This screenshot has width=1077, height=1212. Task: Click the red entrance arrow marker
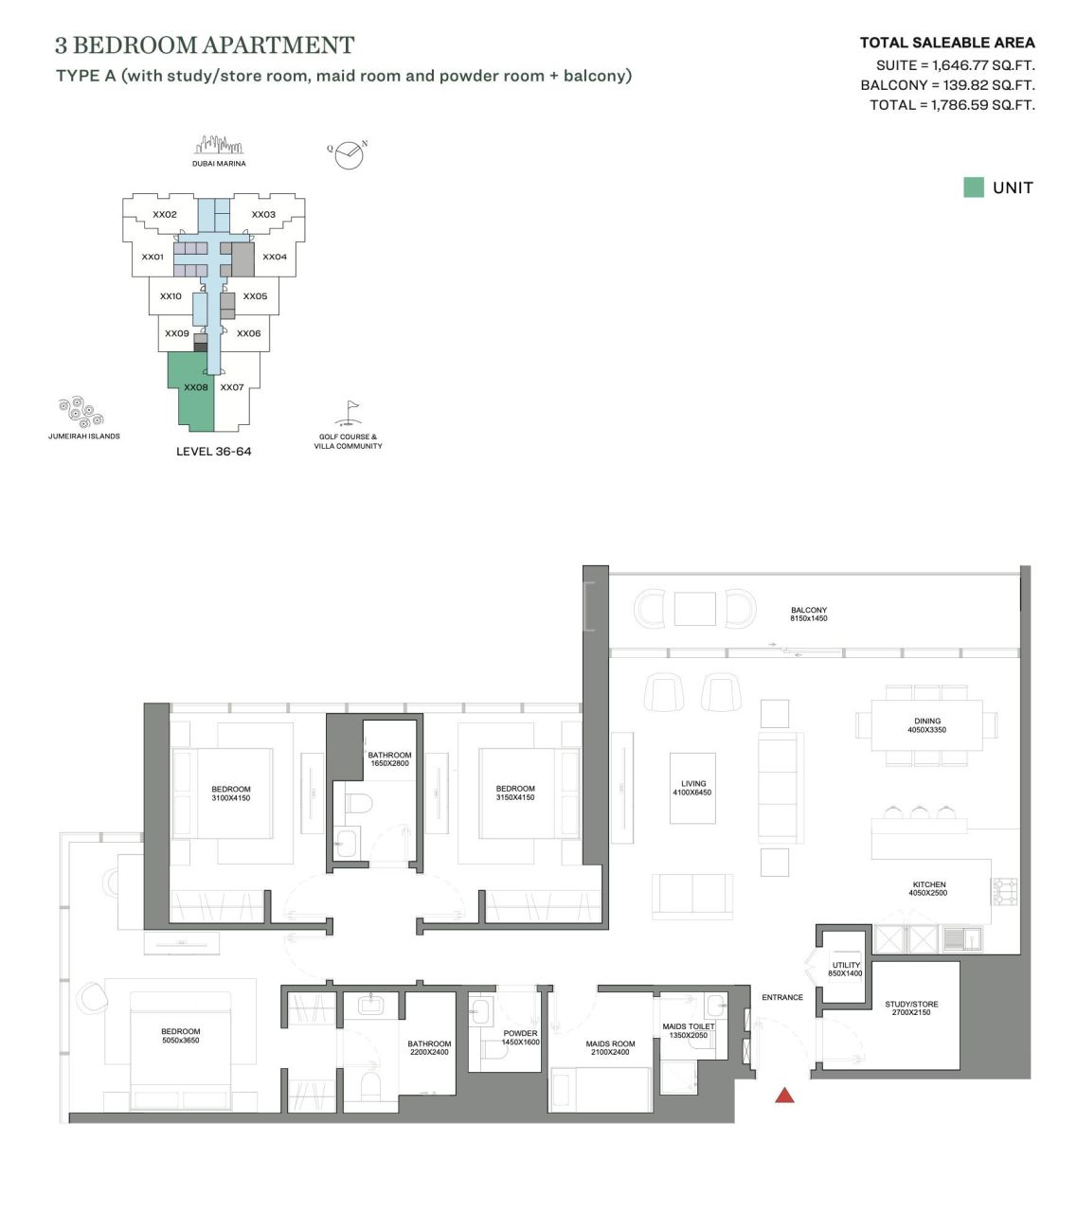click(x=784, y=1096)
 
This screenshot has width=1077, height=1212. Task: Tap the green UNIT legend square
click(x=973, y=187)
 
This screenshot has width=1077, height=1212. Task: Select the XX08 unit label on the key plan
click(x=196, y=387)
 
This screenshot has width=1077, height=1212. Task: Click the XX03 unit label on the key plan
click(x=263, y=215)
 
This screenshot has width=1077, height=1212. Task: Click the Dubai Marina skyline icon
click(x=219, y=146)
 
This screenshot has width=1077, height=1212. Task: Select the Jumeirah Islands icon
click(x=81, y=413)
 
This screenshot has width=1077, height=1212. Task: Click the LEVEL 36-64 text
click(x=214, y=452)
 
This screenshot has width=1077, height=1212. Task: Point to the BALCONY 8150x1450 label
click(x=809, y=615)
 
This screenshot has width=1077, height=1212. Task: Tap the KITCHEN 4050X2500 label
click(x=928, y=888)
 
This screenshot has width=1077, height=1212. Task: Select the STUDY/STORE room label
click(x=911, y=1008)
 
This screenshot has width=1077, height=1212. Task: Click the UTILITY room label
click(x=846, y=969)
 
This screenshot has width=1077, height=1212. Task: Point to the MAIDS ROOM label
click(x=610, y=1047)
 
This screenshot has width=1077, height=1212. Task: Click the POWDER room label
click(x=520, y=1037)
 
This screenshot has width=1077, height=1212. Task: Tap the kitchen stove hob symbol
click(x=1004, y=891)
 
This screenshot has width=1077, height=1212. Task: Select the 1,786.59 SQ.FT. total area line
click(x=952, y=105)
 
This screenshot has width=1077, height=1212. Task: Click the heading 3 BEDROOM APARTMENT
click(x=205, y=45)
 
